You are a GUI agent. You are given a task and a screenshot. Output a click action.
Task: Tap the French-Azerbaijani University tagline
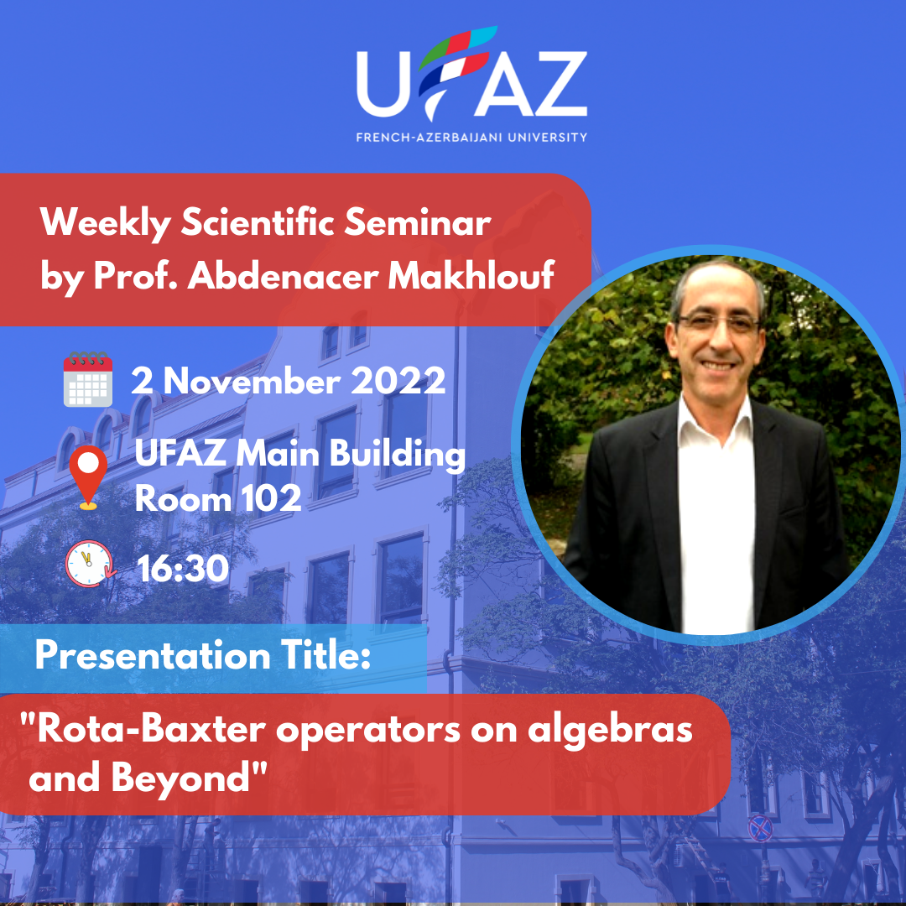tap(471, 138)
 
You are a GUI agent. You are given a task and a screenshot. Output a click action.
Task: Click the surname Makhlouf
tap(471, 275)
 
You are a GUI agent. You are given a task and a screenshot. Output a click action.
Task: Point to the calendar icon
tap(88, 379)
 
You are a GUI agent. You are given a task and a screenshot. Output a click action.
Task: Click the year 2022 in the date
tap(398, 381)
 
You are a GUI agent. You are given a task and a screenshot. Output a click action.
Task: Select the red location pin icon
tap(88, 477)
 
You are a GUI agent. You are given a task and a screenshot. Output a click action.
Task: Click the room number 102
tap(271, 497)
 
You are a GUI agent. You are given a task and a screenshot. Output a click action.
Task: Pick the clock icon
tap(90, 564)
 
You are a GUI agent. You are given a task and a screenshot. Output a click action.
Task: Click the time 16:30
tap(183, 569)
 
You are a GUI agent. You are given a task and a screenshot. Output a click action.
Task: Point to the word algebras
tap(610, 731)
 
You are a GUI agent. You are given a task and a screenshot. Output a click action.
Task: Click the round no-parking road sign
tap(760, 828)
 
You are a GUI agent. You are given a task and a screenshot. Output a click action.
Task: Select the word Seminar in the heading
tap(417, 222)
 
